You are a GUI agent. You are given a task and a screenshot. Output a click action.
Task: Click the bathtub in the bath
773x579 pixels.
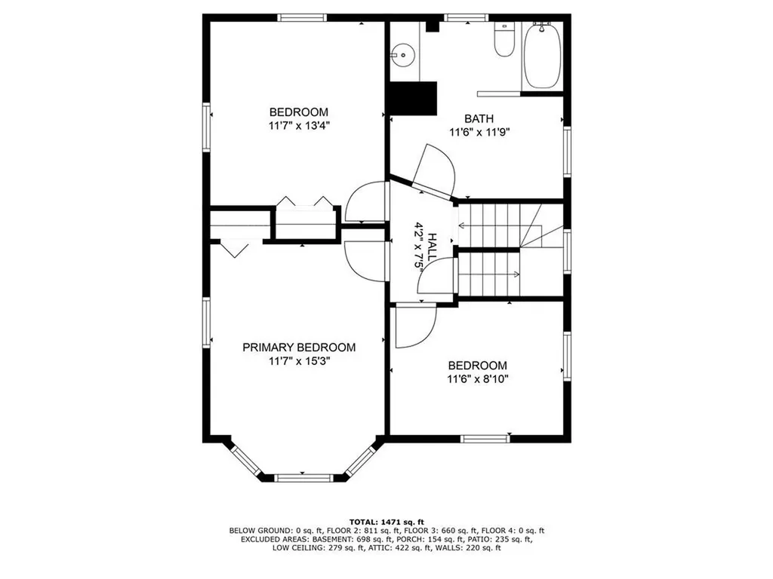click(542, 56)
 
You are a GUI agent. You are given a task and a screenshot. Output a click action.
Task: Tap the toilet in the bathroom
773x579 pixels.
click(504, 39)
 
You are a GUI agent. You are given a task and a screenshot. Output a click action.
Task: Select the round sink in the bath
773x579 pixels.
click(403, 55)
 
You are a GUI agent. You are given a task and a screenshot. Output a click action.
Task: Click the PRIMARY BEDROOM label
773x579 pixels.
click(299, 348)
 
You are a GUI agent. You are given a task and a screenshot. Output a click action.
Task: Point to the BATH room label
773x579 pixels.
click(479, 118)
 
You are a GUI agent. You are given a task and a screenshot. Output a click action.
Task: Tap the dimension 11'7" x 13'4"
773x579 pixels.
click(299, 126)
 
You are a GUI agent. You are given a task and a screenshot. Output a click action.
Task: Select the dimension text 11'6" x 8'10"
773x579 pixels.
click(477, 379)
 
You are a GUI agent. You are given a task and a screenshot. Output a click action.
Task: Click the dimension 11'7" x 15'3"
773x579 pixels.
click(299, 361)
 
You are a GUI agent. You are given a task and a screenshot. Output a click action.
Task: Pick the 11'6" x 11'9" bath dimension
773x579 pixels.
click(479, 132)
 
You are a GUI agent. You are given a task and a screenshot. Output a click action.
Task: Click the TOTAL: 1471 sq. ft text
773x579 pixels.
click(386, 522)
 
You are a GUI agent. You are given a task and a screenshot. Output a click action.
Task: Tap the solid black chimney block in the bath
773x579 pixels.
click(413, 99)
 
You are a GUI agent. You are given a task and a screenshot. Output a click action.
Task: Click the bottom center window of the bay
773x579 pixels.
click(303, 477)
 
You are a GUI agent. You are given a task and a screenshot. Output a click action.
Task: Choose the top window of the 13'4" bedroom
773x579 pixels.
click(302, 18)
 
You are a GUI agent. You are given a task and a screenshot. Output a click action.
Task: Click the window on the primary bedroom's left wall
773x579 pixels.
click(207, 323)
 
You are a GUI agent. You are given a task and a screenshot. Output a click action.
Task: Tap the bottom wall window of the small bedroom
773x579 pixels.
click(485, 439)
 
